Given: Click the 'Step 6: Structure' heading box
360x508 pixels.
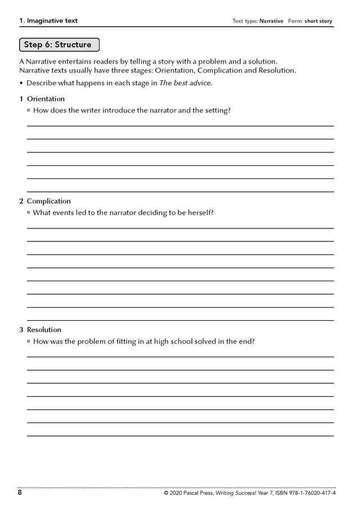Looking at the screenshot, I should coord(59,44).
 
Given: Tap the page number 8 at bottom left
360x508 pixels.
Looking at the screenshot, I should coord(20,493).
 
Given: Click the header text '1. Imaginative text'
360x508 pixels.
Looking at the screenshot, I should coord(48,21).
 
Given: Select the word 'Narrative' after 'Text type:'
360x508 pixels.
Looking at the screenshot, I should coord(271,21).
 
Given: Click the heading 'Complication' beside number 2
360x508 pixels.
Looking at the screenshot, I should coord(49,201).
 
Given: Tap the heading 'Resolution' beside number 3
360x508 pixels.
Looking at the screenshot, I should coord(44,329).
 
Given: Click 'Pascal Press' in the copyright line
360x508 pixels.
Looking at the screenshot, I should coord(204,493).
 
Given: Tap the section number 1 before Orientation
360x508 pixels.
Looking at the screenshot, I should coord(21,98).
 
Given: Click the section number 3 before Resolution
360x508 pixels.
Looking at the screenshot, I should coord(21,329).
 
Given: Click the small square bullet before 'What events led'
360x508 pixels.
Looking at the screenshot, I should coord(29,213).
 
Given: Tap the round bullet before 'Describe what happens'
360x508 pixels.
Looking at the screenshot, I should coord(21,83).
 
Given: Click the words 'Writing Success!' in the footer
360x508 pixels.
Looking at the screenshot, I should coord(250,493).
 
